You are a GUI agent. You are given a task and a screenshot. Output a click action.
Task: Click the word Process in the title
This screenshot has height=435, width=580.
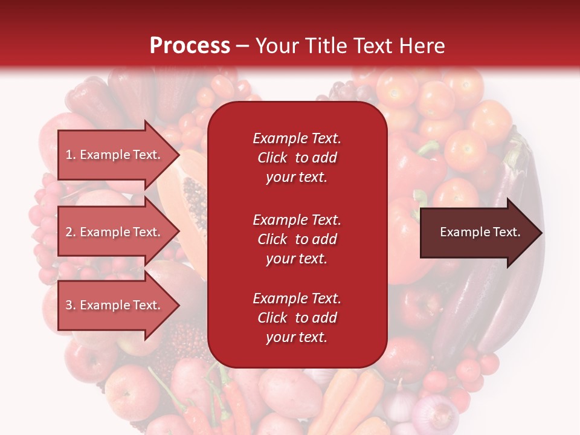coord(190,45)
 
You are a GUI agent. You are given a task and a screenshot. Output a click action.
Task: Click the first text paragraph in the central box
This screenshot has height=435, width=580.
coord(297,158)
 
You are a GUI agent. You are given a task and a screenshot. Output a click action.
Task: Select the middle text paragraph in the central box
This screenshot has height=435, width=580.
coord(297,239)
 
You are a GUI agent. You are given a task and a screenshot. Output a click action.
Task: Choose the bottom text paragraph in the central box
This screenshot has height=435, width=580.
coord(297,318)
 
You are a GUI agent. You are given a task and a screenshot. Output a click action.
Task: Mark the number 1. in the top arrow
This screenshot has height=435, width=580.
coord(70,155)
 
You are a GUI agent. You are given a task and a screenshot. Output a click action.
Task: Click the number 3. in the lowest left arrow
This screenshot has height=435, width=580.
coord(70,305)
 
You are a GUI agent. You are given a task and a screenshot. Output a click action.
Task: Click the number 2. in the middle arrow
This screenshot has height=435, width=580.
coord(70,232)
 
